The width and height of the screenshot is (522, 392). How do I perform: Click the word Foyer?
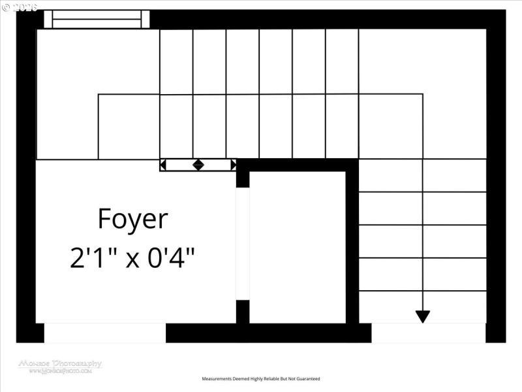(x=132, y=220)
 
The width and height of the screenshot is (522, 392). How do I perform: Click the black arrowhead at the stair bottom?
(x=423, y=317)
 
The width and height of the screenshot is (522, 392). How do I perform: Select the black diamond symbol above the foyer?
(x=198, y=165)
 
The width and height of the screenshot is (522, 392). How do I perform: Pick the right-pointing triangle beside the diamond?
(x=233, y=165)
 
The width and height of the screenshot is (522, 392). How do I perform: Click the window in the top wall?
(x=97, y=19)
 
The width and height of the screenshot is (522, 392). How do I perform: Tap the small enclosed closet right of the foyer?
(x=298, y=247)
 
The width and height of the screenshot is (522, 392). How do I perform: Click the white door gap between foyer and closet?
(x=243, y=244)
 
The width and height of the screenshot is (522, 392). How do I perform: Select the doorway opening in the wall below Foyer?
(x=104, y=333)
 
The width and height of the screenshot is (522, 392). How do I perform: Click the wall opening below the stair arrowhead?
(x=429, y=333)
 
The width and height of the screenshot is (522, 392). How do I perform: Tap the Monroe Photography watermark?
(x=60, y=363)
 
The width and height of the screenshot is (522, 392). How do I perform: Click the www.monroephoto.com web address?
(x=60, y=371)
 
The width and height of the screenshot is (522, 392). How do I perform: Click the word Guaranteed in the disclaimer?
(x=307, y=379)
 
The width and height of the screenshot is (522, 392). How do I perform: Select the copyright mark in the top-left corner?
(x=6, y=7)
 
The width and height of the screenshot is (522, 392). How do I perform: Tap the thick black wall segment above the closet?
(x=298, y=165)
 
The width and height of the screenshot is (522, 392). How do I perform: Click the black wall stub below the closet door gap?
(x=243, y=312)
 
